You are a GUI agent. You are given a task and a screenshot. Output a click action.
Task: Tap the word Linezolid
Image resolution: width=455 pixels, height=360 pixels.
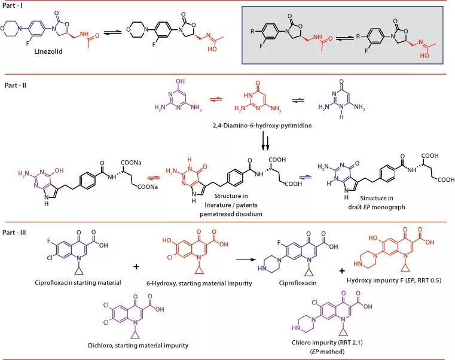tap(33, 52)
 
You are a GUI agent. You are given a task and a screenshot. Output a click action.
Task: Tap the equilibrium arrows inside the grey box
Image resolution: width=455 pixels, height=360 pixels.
tap(342, 37)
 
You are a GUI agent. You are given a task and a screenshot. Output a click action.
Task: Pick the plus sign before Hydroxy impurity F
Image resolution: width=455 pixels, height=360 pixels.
tap(342, 271)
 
